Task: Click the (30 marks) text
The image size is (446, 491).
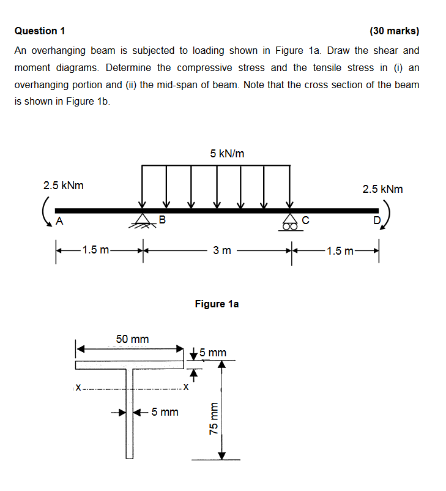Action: coord(395,31)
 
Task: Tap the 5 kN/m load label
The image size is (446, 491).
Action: coord(227,154)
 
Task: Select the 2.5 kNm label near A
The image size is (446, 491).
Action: coord(64,185)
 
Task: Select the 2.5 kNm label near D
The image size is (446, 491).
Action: coord(383,189)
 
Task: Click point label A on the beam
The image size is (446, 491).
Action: coord(59,221)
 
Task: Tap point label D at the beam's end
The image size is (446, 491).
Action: coord(376,220)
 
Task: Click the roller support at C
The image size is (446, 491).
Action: coord(289,221)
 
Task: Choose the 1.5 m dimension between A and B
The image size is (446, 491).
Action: coord(96,250)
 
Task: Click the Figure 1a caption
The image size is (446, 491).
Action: coord(217,303)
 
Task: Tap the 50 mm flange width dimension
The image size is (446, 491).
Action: coord(132,339)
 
